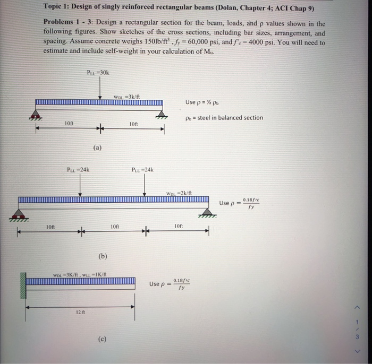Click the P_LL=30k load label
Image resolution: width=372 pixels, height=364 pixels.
tap(98, 72)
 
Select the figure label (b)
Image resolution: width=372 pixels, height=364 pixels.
tap(102, 256)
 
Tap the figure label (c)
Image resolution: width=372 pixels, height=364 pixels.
tap(102, 337)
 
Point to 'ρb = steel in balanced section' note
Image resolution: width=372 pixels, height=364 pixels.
tap(224, 118)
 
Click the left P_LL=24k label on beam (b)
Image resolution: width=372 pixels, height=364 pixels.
tap(78, 170)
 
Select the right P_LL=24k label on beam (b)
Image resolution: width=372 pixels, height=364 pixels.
tap(142, 170)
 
